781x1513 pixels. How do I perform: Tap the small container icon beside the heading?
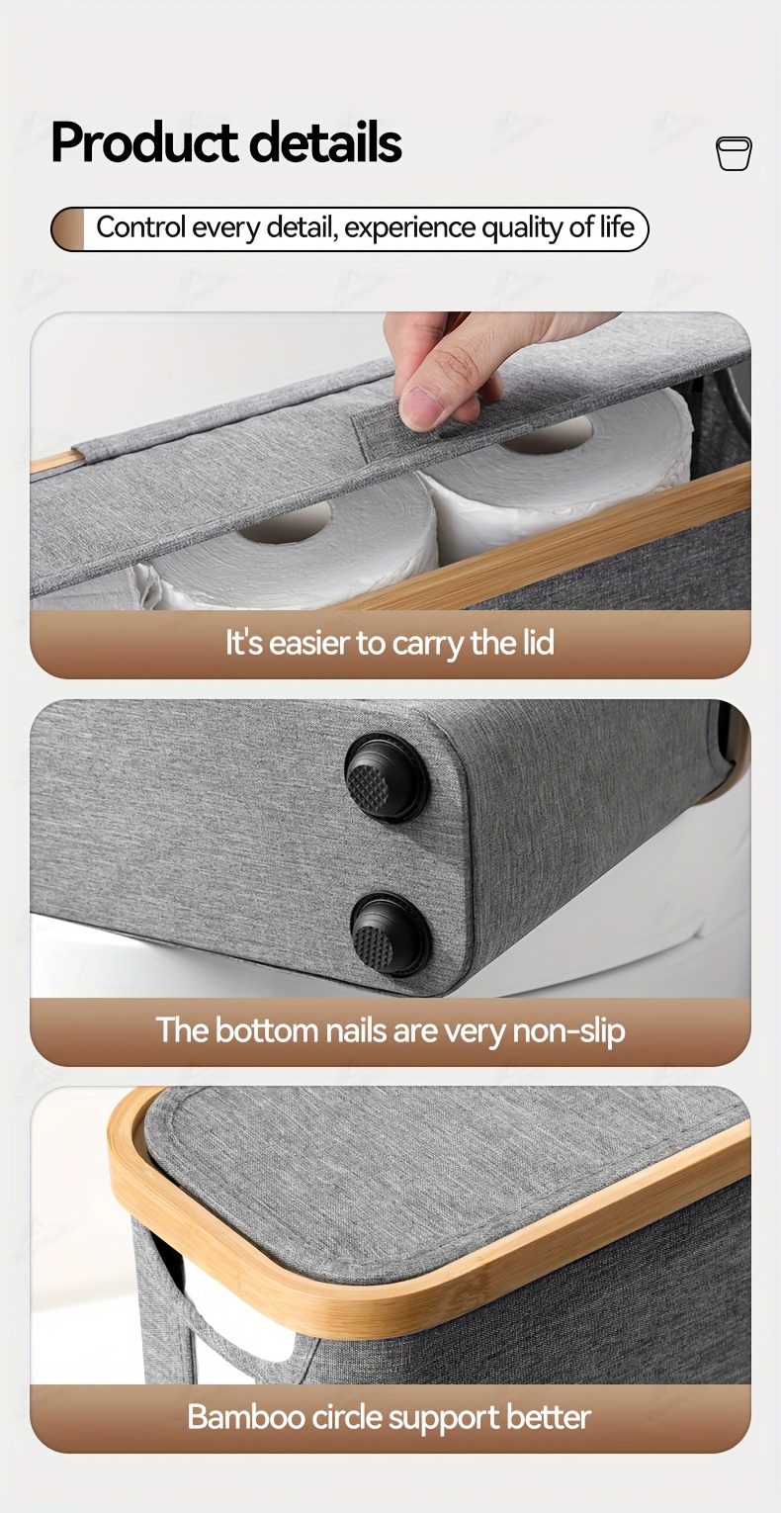coord(734,153)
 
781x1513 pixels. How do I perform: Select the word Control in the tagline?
coord(140,227)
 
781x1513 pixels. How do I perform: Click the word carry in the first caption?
coord(427,644)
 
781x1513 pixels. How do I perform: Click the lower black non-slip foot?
coord(390,934)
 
